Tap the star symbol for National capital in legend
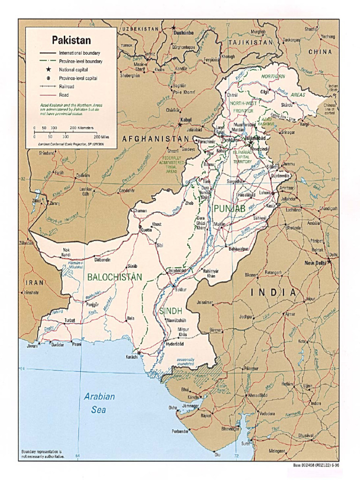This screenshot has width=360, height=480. [48, 70]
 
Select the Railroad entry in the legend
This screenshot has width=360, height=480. [67, 87]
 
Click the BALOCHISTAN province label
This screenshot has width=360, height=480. [114, 277]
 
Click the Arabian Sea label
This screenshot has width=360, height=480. [99, 403]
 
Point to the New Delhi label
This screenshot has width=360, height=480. [315, 263]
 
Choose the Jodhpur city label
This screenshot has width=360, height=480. [246, 317]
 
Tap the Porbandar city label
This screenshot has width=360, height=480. [180, 432]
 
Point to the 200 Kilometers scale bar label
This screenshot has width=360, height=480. [82, 128]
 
